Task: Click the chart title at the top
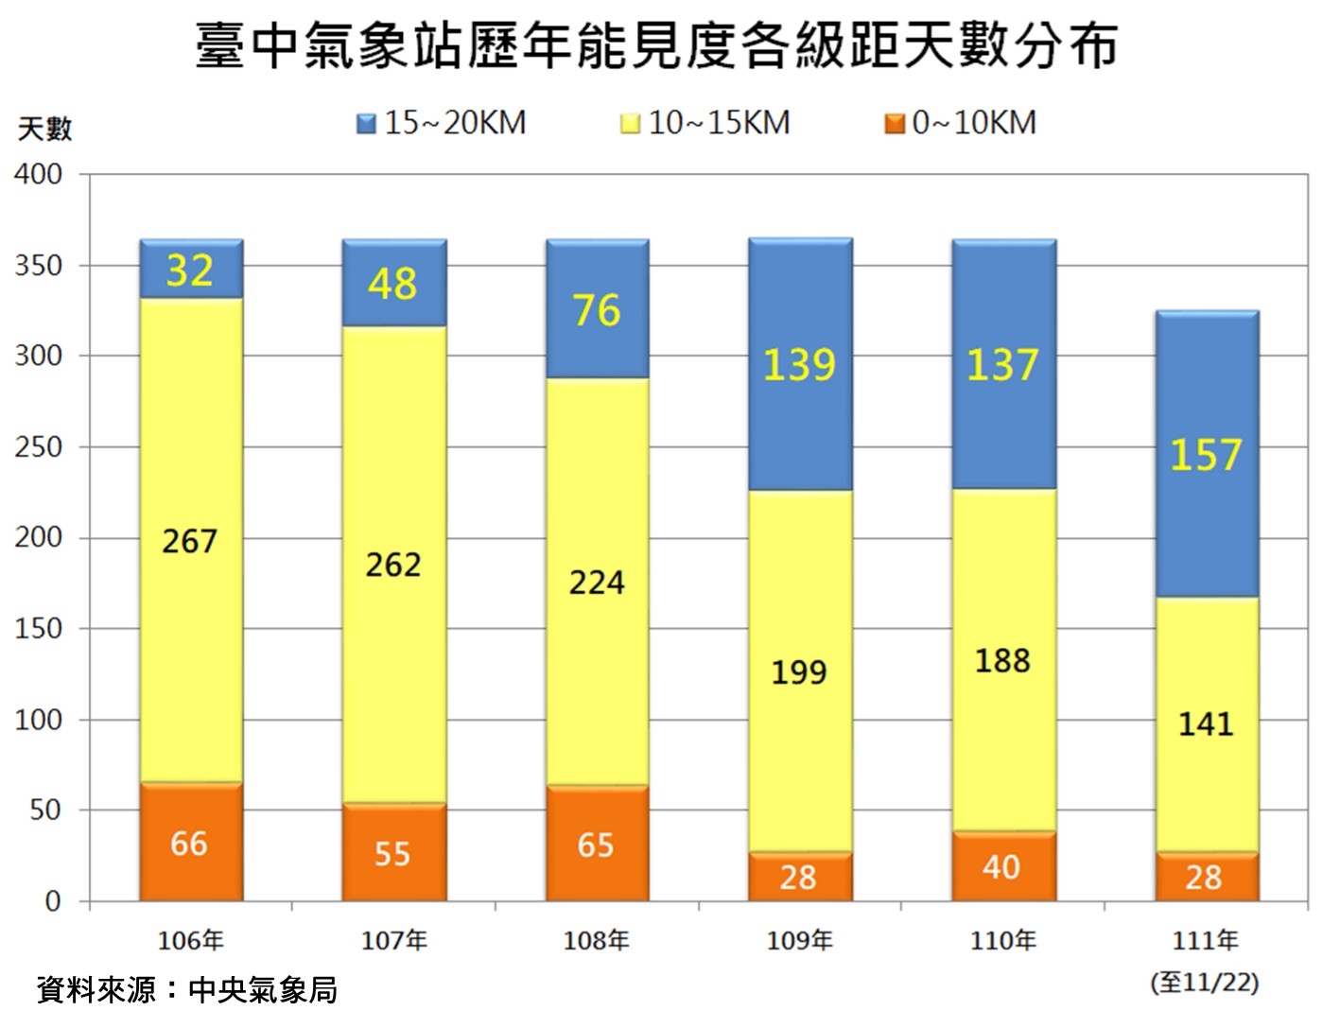tap(656, 44)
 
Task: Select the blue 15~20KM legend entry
tap(442, 123)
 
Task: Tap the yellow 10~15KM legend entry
tap(705, 123)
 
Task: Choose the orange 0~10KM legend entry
tap(961, 123)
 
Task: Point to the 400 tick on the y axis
tap(39, 174)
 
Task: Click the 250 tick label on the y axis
tap(39, 446)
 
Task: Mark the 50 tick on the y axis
tap(44, 811)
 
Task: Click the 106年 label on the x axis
tap(191, 940)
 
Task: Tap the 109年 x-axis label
tap(800, 940)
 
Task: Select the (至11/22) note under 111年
tap(1205, 982)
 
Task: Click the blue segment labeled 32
tap(191, 270)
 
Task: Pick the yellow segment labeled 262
tap(393, 565)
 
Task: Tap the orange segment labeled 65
tap(597, 844)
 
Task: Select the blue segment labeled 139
tap(800, 364)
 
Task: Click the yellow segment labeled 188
tap(1003, 660)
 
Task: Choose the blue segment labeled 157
tap(1207, 454)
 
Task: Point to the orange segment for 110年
tap(1003, 866)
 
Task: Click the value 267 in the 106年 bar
tap(190, 541)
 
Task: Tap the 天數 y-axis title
tap(44, 129)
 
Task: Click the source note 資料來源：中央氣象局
tap(187, 989)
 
